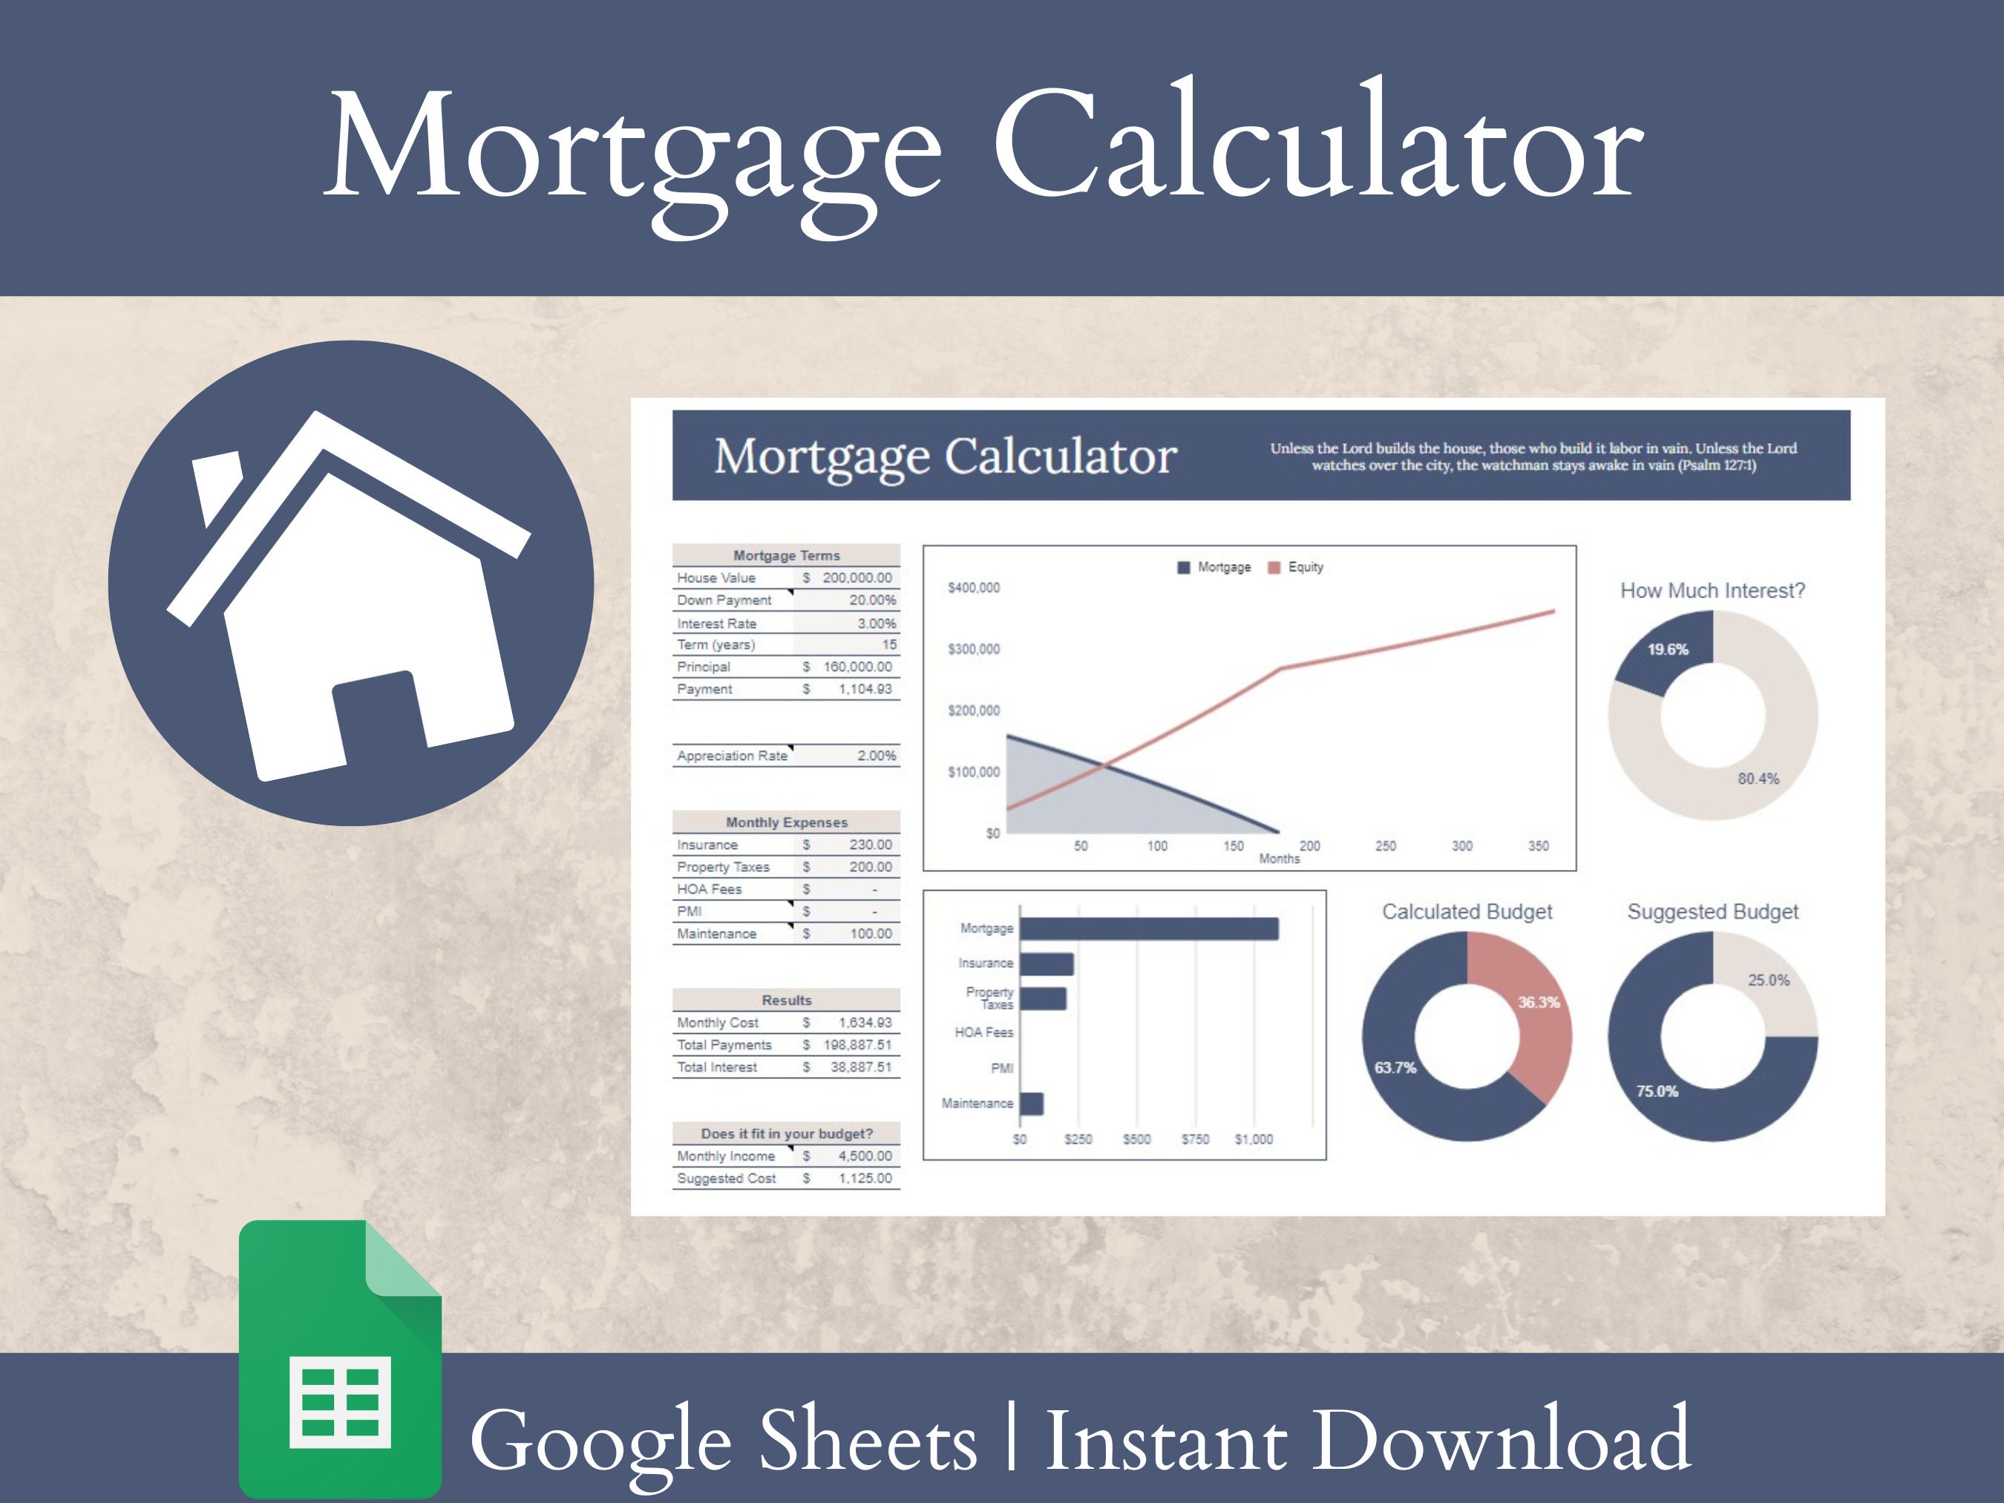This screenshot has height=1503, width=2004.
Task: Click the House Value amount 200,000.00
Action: coord(856,578)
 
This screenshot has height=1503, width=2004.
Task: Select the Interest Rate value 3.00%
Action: coord(876,623)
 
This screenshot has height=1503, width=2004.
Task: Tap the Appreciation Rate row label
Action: coord(732,756)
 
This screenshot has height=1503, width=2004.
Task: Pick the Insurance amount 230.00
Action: coord(870,845)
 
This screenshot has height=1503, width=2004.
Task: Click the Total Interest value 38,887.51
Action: coord(861,1067)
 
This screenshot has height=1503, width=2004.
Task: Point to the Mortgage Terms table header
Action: coord(786,555)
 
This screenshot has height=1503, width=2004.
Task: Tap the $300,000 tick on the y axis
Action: coord(974,649)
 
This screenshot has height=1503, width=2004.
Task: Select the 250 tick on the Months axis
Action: coord(1385,846)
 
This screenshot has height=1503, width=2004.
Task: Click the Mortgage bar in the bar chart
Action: coord(1149,929)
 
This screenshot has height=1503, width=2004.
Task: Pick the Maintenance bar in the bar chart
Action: coord(1032,1104)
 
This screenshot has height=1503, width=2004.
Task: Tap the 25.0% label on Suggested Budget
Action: coord(1769,980)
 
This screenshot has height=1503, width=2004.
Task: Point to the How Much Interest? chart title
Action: coord(1712,591)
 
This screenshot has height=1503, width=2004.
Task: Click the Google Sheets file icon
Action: coord(340,1359)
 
